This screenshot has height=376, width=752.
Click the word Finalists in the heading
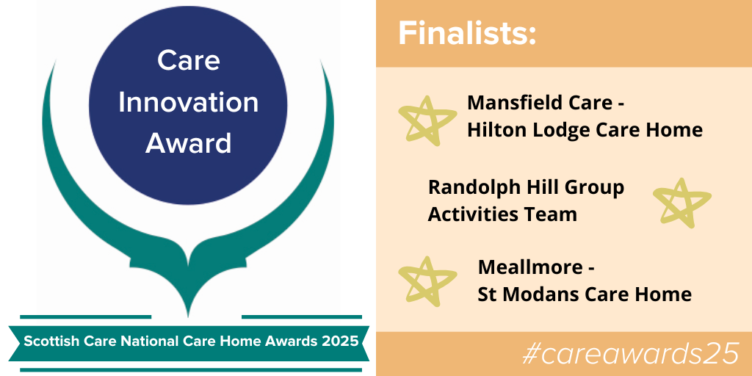467,34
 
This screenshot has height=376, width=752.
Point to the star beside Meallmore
427,281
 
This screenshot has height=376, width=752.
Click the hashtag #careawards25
629,354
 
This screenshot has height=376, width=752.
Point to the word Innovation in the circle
188,102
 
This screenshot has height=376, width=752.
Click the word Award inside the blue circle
188,142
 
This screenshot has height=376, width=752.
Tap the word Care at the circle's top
188,61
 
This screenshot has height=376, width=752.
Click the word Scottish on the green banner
48,341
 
